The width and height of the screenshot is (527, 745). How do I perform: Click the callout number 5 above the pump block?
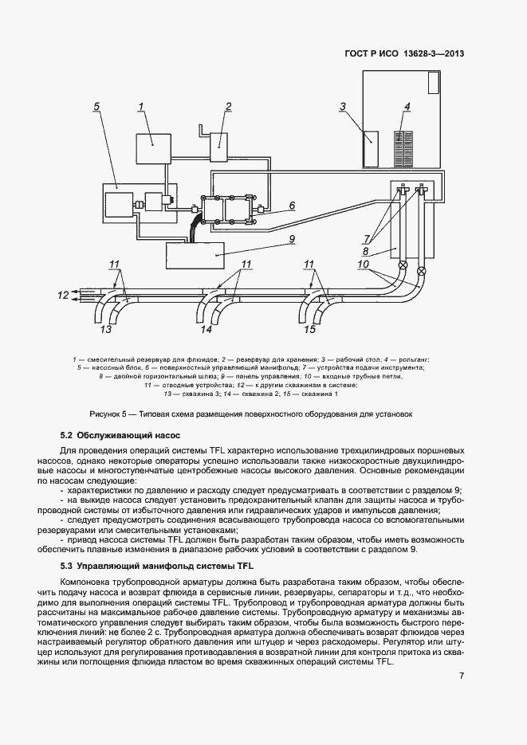96,106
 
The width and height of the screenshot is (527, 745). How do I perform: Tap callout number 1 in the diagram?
141,106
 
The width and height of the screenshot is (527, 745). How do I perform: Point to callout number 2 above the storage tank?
228,106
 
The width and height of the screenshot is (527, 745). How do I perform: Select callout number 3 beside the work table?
342,106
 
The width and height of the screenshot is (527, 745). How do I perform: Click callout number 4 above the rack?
407,106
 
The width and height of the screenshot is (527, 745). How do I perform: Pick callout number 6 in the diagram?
292,205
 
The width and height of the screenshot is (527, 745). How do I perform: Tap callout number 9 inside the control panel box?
292,237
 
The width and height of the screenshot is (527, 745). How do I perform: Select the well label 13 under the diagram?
105,328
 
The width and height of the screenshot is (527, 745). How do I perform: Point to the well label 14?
206,328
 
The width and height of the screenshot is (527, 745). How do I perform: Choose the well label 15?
309,328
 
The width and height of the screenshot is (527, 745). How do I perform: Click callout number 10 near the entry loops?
363,264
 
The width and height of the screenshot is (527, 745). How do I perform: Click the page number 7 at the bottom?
462,676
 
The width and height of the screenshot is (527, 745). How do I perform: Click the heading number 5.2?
66,436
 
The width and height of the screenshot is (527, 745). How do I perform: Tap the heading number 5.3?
66,566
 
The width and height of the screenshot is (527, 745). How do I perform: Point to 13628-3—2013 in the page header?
435,54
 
